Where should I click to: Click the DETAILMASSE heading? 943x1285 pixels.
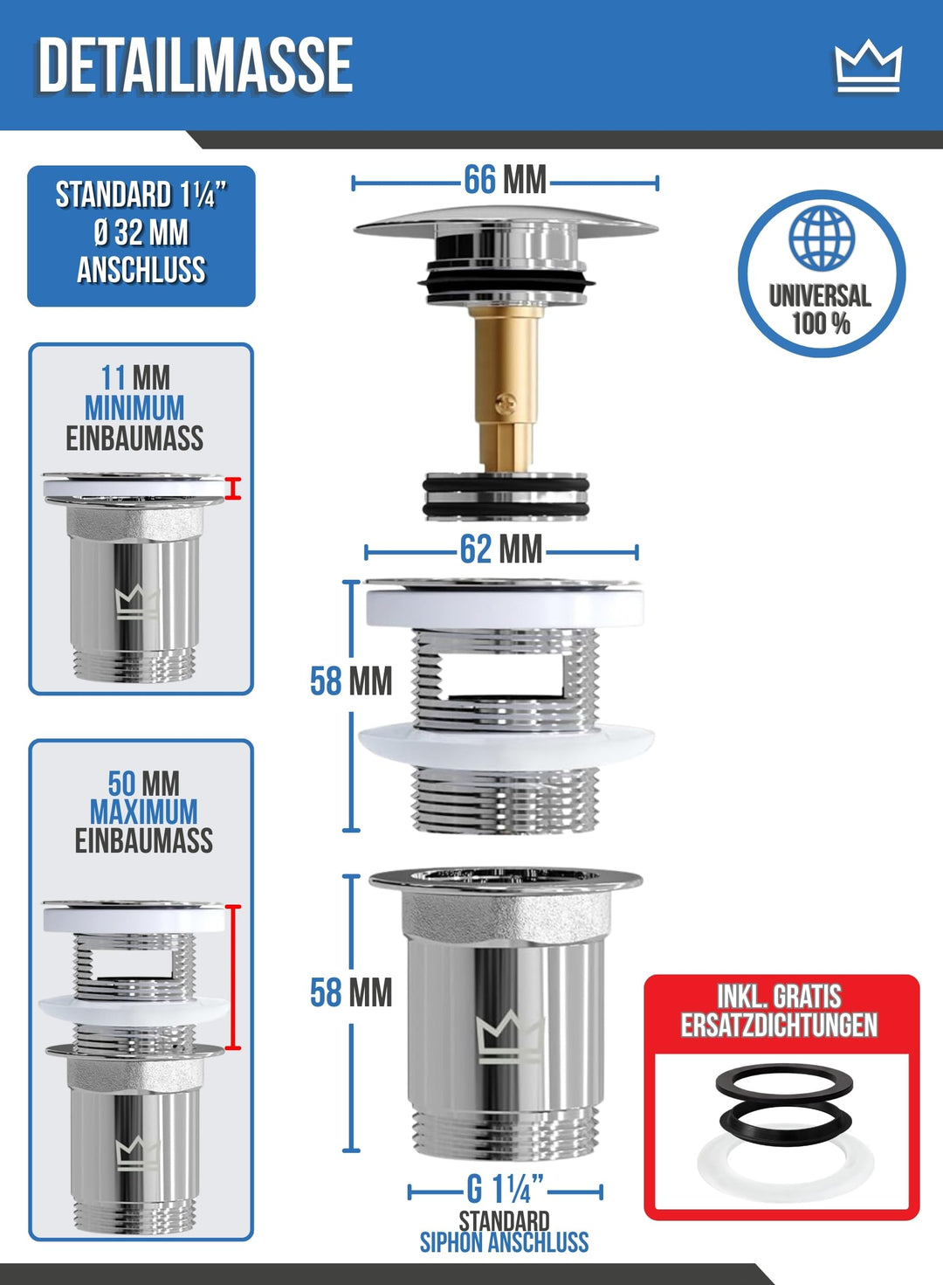(195, 66)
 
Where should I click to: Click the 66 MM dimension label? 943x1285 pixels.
(505, 180)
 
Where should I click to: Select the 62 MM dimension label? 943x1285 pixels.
(501, 549)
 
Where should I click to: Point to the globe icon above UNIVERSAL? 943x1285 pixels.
(822, 237)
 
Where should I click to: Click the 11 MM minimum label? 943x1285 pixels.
(135, 377)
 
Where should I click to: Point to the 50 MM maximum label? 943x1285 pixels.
(143, 783)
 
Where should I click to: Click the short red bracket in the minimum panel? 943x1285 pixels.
(233, 488)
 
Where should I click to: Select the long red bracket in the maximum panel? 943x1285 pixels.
(233, 977)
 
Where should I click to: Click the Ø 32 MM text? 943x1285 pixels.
(141, 233)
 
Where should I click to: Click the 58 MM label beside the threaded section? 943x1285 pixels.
(351, 681)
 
